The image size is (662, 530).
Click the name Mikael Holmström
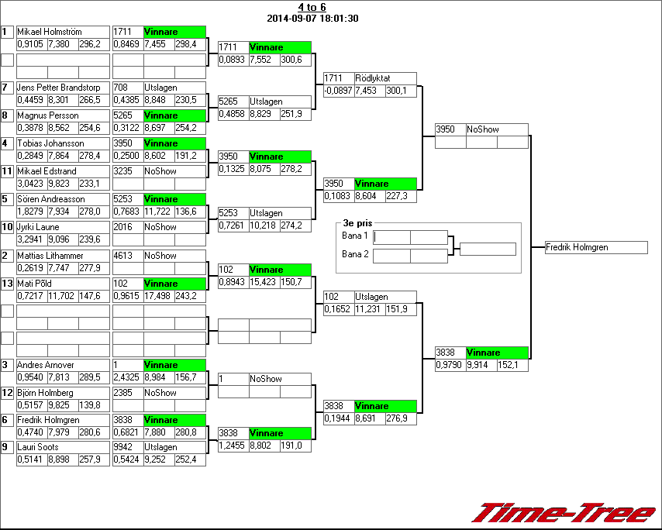49,32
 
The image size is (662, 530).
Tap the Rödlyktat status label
373,78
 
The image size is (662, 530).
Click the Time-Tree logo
564,513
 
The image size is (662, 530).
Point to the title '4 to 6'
312,8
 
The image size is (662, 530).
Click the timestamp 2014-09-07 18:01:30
312,18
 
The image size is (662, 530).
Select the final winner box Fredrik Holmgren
595,247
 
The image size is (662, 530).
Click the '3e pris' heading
357,222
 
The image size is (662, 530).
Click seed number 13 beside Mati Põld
7,284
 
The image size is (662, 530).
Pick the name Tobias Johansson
50,143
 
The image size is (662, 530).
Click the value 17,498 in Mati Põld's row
158,296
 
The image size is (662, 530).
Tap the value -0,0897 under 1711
338,91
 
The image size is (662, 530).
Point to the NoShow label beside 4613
160,255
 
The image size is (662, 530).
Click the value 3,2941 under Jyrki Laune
30,239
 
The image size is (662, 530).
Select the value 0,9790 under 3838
449,365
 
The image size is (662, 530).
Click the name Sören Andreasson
51,199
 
